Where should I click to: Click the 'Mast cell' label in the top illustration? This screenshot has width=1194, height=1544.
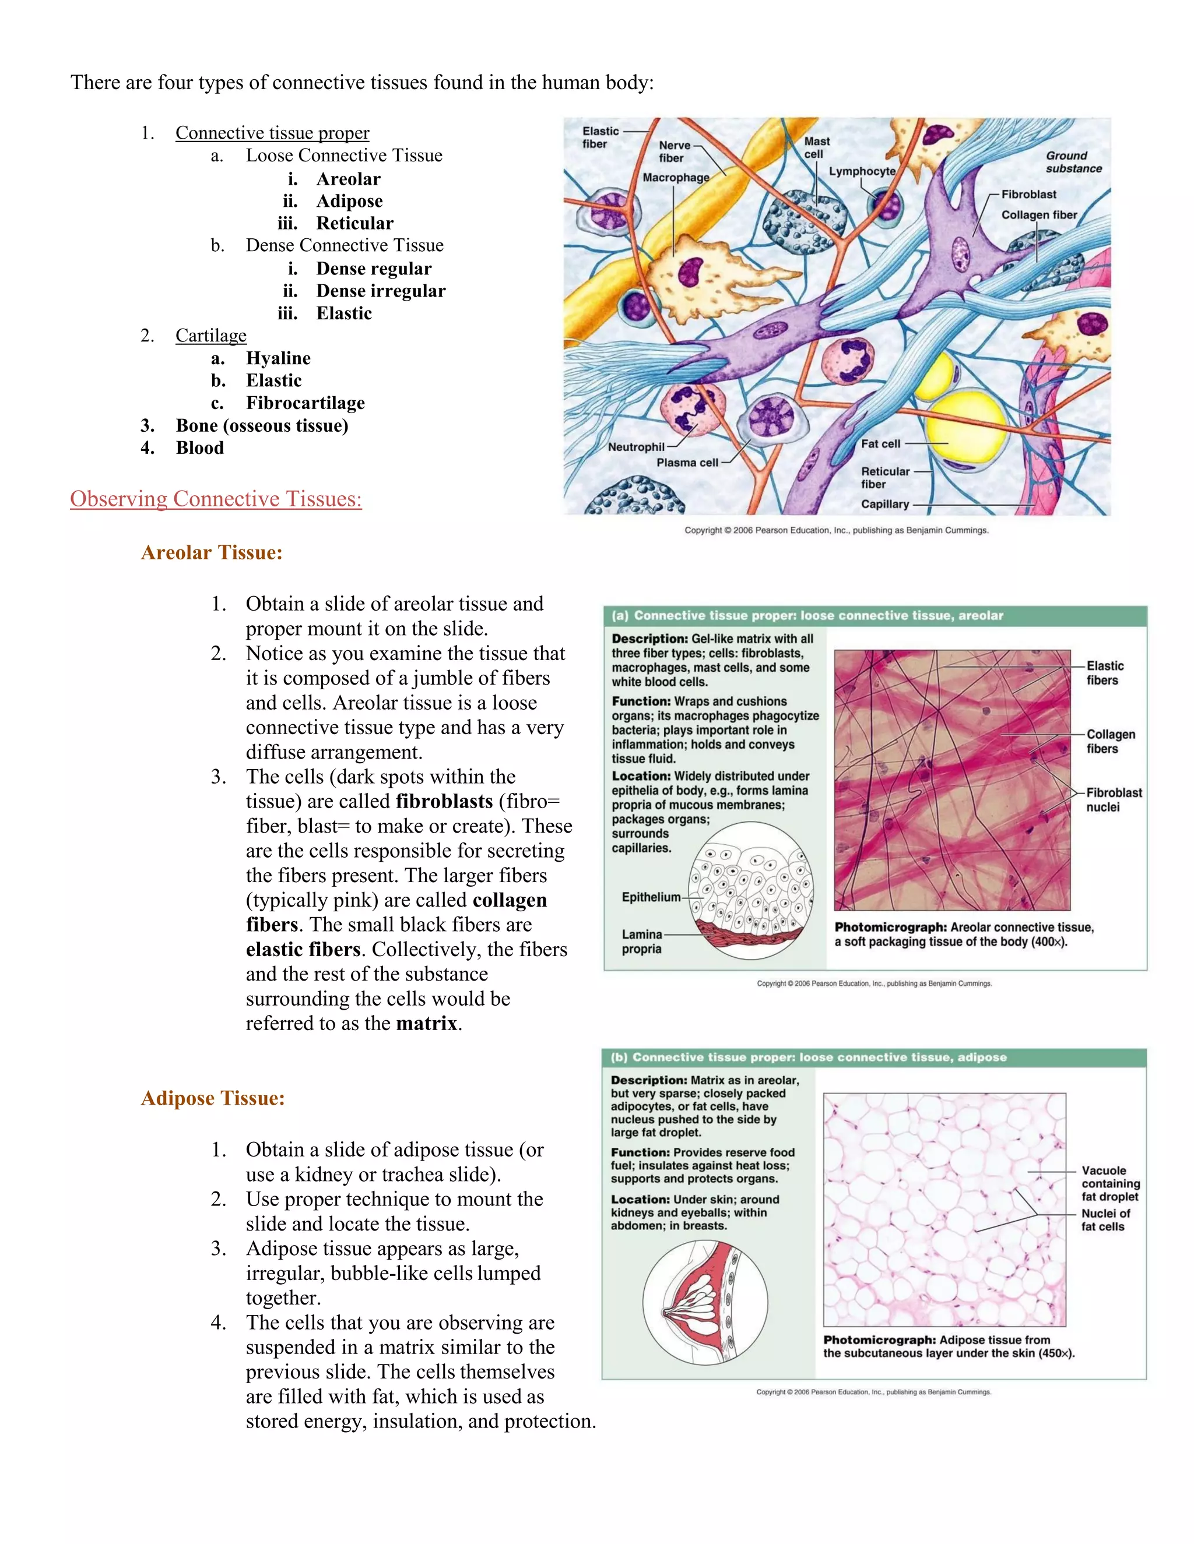[x=816, y=148]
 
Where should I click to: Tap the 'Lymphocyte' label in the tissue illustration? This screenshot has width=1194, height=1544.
[x=862, y=171]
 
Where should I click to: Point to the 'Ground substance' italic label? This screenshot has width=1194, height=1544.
[x=1073, y=162]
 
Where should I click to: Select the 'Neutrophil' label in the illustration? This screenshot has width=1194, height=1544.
[x=636, y=447]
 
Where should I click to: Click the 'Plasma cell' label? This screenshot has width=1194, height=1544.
[x=687, y=463]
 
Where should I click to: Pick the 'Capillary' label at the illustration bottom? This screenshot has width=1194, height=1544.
[x=884, y=504]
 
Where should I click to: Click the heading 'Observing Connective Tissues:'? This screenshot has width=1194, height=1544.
[x=216, y=499]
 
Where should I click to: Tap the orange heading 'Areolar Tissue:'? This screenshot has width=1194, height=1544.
[x=212, y=553]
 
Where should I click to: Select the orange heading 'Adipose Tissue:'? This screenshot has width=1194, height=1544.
[x=213, y=1098]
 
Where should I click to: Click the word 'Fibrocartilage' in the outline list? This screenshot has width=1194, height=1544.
[x=305, y=403]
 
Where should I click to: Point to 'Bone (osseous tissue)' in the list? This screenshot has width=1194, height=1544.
[x=262, y=425]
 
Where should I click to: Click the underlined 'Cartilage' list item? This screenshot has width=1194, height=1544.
[x=211, y=335]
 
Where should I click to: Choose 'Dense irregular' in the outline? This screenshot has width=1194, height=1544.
[x=381, y=291]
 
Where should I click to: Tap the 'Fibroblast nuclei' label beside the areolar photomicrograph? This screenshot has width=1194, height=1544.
[x=1114, y=799]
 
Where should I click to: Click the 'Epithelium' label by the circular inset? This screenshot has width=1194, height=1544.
[x=651, y=897]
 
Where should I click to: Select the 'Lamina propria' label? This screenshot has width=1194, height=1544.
[x=641, y=942]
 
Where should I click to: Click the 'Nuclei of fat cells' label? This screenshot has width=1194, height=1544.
[x=1105, y=1219]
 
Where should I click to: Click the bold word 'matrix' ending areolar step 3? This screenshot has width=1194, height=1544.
[x=427, y=1024]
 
